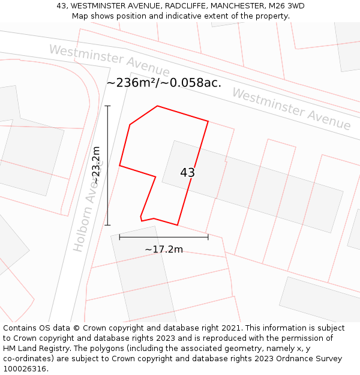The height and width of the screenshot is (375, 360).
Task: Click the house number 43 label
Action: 187,173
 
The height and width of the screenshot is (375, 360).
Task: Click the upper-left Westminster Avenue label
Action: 109,61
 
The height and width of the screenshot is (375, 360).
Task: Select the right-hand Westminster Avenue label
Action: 291,109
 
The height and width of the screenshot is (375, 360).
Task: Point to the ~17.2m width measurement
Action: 164,249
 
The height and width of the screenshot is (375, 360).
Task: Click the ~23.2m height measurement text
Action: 95,165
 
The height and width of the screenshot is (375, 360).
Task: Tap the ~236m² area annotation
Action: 163,83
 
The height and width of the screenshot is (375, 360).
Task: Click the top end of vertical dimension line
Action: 107,106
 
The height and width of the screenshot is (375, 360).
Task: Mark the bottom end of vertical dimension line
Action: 107,225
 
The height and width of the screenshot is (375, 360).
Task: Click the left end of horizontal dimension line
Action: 119,237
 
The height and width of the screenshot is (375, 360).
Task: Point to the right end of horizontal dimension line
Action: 208,237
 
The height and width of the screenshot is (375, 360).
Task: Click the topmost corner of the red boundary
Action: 158,106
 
